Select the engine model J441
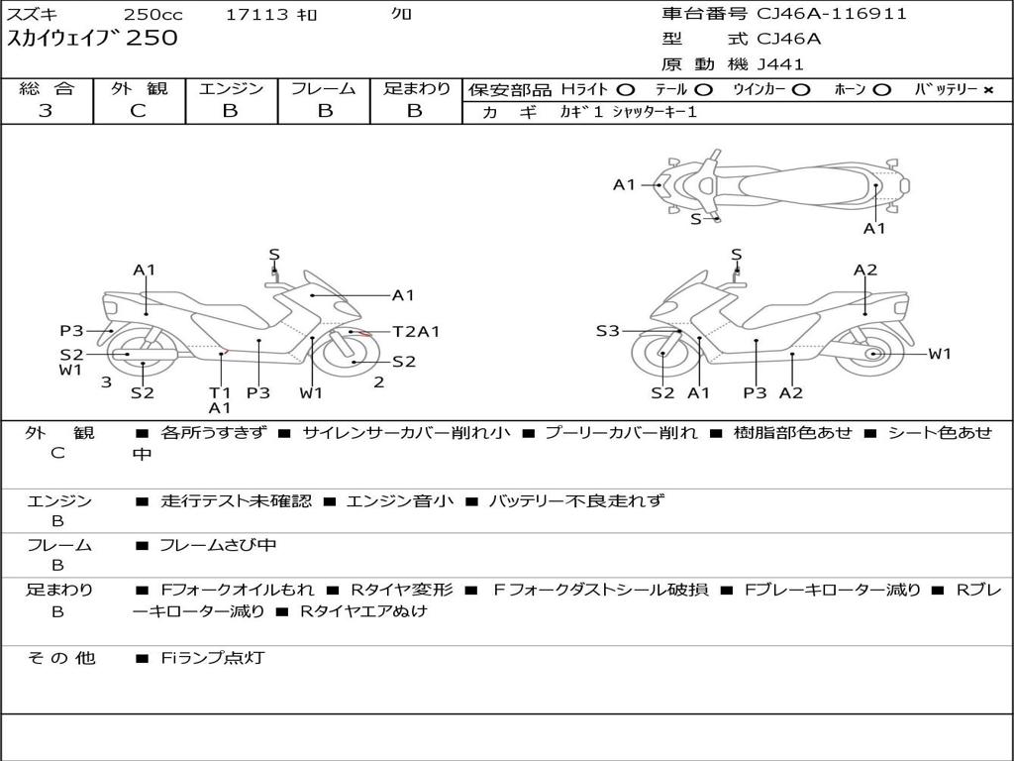tap(780, 64)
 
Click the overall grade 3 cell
tap(46, 111)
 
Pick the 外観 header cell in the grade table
tap(139, 88)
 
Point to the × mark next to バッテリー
tap(987, 90)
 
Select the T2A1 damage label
tap(416, 332)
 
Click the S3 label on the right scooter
tap(608, 331)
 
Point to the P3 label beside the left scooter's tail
tap(71, 331)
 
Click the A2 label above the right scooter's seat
tap(865, 270)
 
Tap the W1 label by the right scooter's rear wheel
tap(939, 354)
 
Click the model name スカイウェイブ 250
tap(93, 39)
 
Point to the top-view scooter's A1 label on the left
tap(624, 184)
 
